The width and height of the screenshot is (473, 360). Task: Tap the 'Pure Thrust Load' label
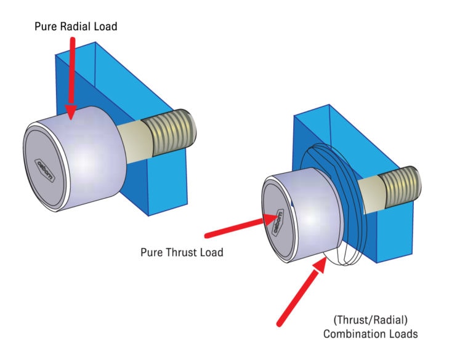click(x=182, y=252)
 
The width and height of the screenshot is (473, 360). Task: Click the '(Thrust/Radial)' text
click(x=371, y=320)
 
